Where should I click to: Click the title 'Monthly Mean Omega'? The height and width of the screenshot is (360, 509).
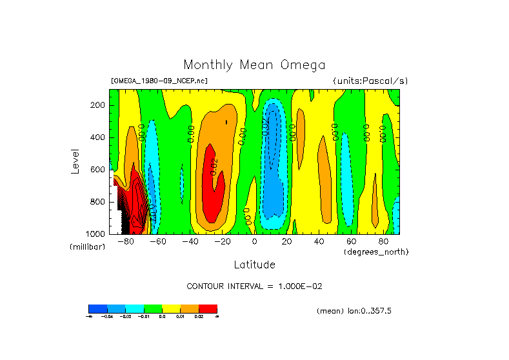tap(254, 65)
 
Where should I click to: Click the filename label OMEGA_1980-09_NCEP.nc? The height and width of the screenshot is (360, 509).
tap(159, 81)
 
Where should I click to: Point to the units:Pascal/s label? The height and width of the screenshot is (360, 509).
tap(370, 81)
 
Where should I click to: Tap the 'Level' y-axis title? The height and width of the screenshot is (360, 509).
tap(76, 161)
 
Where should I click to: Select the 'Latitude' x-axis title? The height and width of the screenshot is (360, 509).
tap(254, 265)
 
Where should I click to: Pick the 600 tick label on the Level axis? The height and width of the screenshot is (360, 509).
tap(98, 170)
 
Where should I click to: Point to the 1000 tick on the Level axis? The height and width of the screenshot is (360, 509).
tap(96, 234)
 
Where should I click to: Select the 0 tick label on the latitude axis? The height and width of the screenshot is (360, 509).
tap(254, 241)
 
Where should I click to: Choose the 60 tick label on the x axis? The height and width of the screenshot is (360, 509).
tap(351, 241)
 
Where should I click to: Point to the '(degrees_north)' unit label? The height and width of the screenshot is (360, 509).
tap(376, 251)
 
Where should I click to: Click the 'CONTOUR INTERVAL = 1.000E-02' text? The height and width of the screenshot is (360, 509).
tap(254, 286)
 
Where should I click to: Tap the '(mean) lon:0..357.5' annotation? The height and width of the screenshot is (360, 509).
tap(354, 311)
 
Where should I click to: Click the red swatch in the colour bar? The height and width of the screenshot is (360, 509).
tap(208, 308)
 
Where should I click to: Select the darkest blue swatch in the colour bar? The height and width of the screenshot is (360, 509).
tap(97, 308)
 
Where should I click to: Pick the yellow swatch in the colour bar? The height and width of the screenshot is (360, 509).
tap(171, 308)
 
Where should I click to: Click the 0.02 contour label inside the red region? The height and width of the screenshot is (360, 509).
tap(214, 167)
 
